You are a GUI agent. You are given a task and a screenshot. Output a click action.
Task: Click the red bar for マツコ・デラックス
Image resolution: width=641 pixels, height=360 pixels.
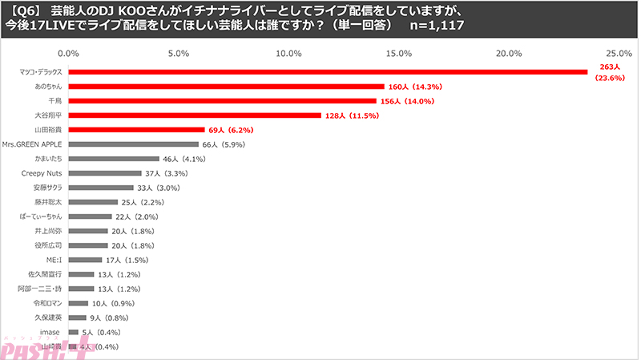pos(329,71)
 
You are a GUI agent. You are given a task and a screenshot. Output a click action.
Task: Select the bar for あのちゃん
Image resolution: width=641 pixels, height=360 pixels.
pos(227,86)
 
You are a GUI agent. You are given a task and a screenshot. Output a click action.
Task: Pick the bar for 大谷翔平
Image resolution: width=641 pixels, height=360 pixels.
pos(196,115)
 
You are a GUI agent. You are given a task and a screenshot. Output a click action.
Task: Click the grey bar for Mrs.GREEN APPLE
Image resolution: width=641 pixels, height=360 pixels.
pos(134,144)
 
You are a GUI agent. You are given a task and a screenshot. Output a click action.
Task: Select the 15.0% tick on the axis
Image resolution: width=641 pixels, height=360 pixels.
pos(398,54)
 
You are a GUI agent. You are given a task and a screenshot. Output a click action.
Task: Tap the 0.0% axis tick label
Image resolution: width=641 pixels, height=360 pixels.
pos(69,54)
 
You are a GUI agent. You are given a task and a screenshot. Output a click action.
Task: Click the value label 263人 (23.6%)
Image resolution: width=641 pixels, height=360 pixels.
pos(605,72)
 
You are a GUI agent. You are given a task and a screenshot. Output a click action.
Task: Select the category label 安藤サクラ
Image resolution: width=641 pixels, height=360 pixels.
pos(48,188)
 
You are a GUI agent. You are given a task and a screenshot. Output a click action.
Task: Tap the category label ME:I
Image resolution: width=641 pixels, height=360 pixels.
pos(54,260)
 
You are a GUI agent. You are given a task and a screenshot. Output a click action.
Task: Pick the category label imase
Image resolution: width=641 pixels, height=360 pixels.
pos(53,332)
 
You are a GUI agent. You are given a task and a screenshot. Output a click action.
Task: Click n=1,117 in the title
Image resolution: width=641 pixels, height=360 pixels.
pos(435,26)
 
